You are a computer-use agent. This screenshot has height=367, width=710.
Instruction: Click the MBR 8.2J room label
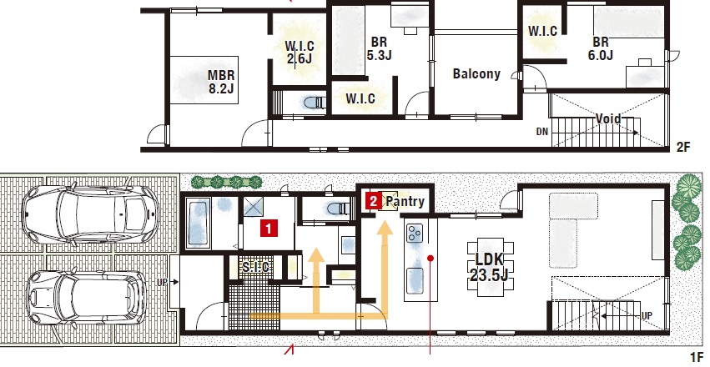tap(221, 82)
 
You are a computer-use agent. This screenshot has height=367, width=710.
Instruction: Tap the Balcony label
tap(476, 73)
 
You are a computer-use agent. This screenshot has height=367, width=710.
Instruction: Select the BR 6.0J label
tap(601, 48)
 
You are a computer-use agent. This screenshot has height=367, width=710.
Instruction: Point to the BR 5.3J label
tap(379, 48)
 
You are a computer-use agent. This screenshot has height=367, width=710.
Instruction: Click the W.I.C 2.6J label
tap(300, 53)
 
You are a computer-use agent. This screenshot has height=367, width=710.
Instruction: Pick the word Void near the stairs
tap(608, 119)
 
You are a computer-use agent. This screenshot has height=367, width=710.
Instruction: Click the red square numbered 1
tap(268, 229)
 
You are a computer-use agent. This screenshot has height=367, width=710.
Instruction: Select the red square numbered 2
tap(373, 201)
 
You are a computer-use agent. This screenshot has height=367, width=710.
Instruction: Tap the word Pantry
tap(405, 202)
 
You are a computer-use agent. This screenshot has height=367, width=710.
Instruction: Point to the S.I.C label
tap(255, 267)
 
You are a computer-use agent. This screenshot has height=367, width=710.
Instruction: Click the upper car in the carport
tap(91, 213)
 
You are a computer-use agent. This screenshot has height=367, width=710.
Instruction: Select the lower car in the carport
tap(86, 296)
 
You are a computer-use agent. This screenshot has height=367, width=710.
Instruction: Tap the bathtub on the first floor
tap(197, 225)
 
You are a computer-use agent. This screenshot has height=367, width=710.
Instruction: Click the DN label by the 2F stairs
tap(542, 132)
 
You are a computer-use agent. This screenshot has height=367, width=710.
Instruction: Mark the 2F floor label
tap(683, 147)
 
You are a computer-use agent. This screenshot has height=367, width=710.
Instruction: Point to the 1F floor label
tap(697, 357)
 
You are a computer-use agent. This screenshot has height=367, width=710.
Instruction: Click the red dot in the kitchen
tap(431, 259)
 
